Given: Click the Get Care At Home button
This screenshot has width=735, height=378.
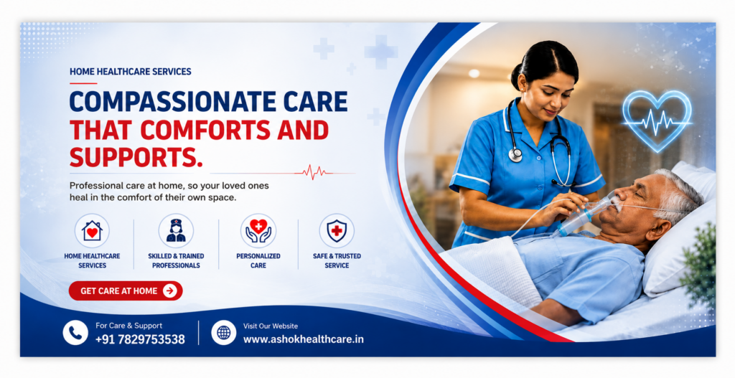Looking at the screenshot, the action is [x=126, y=291].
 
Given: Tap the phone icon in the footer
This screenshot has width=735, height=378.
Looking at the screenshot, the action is [x=75, y=333].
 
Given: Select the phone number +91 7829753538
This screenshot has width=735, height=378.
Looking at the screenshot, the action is [x=140, y=339].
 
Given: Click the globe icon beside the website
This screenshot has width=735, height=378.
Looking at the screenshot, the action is [x=224, y=333].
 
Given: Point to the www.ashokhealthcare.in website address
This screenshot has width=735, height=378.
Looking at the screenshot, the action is [x=304, y=339].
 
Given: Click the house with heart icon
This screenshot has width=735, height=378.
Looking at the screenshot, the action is [x=92, y=231].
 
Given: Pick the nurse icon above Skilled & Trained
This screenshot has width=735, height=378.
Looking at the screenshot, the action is [x=176, y=231].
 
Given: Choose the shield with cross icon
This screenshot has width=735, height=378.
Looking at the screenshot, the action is [x=337, y=231].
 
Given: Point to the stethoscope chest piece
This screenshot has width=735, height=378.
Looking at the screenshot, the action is [x=515, y=155].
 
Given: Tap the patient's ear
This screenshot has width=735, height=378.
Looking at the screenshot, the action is [x=661, y=230].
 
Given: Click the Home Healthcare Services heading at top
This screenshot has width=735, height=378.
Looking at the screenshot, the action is [x=131, y=72].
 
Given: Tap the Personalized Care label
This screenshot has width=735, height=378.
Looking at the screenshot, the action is [x=258, y=260].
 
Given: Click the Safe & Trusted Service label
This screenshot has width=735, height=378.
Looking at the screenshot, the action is [x=337, y=260].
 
